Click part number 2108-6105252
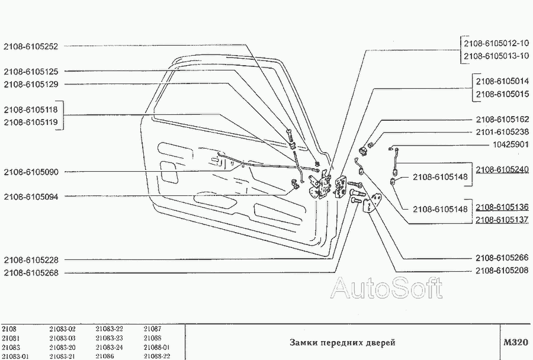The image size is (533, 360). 31,47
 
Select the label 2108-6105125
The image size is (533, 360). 31,72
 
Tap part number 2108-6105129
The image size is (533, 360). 31,84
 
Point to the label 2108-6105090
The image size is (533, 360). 31,172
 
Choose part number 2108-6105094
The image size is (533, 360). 31,197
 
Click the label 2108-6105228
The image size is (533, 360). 31,260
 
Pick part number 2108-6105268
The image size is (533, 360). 31,272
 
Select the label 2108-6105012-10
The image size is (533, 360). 496,43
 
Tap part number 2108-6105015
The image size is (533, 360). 502,94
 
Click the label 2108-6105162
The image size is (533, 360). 502,120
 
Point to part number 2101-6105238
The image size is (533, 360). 502,132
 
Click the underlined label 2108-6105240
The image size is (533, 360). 502,169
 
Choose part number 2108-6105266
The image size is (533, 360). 502,258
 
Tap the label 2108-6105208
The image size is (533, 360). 502,271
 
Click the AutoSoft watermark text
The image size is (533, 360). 387,288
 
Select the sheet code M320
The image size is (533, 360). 516,342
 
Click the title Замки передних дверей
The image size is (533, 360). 342,343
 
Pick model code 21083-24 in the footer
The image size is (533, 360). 109,348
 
